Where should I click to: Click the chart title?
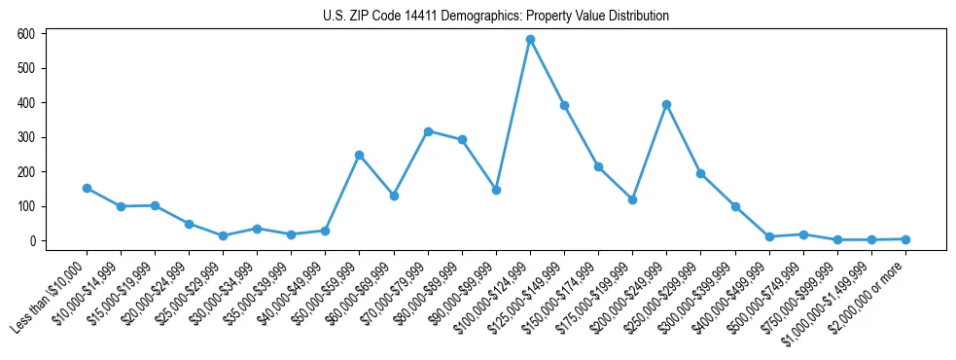496,17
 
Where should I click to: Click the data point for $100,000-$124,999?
530,40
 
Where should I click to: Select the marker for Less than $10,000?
87,188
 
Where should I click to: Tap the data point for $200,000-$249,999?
666,104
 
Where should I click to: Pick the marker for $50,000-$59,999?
359,155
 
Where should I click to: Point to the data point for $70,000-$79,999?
428,131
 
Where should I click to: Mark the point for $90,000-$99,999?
496,190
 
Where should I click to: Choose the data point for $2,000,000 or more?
905,239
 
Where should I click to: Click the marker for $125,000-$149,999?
564,105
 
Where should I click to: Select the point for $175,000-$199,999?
632,199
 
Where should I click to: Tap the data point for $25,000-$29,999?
223,235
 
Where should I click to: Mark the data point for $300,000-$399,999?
735,206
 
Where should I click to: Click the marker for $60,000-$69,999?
394,196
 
